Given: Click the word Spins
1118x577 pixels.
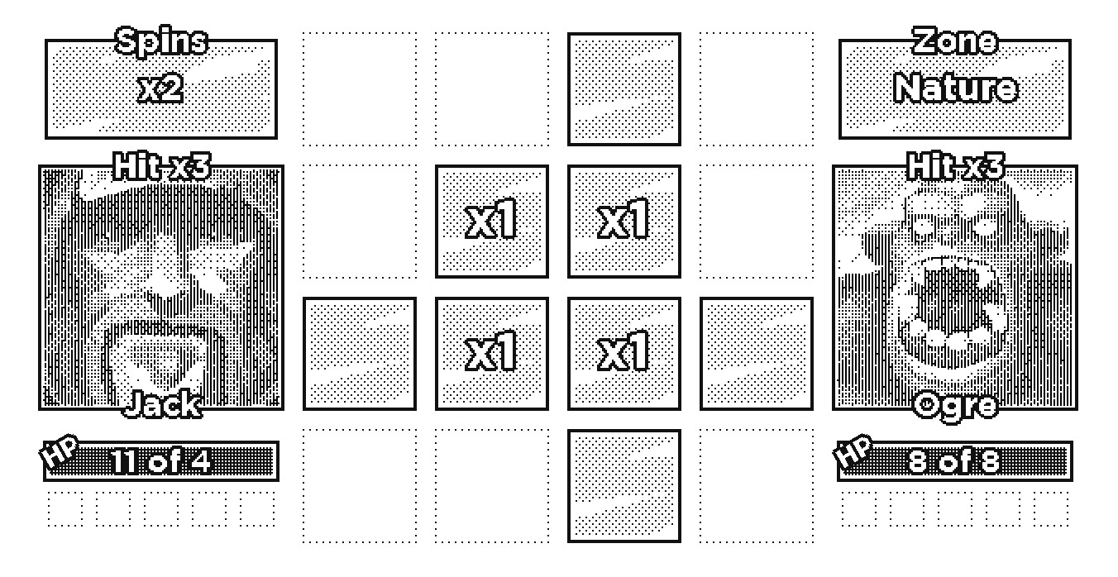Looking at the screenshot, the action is (161, 41).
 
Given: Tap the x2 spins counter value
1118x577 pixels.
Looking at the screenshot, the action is (160, 88).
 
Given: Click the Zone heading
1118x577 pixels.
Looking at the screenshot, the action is (955, 41).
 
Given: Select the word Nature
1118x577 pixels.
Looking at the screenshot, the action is (955, 88).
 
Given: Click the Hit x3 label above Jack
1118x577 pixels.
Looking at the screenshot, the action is (161, 166).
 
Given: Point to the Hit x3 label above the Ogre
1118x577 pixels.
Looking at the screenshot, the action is (955, 166).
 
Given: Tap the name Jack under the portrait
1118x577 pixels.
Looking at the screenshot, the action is (162, 403).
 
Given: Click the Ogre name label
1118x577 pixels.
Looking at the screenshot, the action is (955, 406).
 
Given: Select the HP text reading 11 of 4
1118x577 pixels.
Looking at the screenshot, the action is (160, 461).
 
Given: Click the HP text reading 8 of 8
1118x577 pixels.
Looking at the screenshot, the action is (954, 461).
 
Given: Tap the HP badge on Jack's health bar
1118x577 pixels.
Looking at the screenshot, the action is (59, 451).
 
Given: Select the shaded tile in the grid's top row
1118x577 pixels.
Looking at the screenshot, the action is (623, 89).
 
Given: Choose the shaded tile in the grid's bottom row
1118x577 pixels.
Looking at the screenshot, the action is (623, 486).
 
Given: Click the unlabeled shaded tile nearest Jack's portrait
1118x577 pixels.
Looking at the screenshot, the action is (360, 353).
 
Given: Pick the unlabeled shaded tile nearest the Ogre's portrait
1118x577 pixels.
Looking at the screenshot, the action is (756, 353).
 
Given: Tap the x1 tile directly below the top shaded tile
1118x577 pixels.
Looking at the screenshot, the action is (623, 221).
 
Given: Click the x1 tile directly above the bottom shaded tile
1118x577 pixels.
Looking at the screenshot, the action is (623, 353).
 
